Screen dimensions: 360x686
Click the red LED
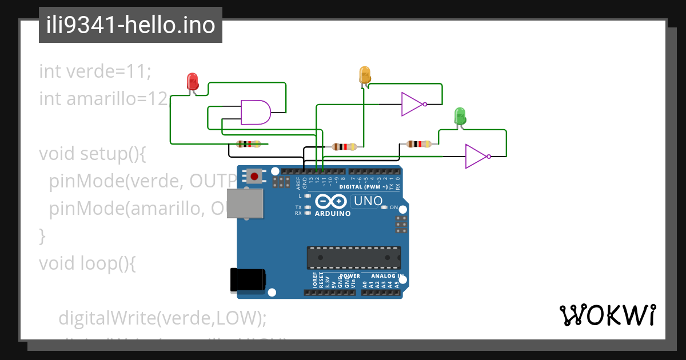click(x=193, y=81)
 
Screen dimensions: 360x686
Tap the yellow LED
click(x=365, y=75)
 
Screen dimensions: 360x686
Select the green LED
click(x=460, y=116)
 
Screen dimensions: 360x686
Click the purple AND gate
click(x=255, y=112)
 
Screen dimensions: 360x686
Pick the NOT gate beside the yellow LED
click(x=413, y=104)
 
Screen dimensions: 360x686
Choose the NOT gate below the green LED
click(x=476, y=156)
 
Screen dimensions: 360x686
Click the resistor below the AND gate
click(x=249, y=144)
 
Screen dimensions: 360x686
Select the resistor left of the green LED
click(x=418, y=143)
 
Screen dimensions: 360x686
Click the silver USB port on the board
click(x=246, y=203)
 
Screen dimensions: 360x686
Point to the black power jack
click(x=247, y=279)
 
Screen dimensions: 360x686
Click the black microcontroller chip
click(x=353, y=258)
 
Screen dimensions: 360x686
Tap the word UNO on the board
click(x=368, y=201)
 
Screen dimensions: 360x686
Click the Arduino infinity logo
click(x=330, y=201)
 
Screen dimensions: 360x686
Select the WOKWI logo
click(x=608, y=315)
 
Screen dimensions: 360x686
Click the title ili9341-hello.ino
click(x=130, y=25)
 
